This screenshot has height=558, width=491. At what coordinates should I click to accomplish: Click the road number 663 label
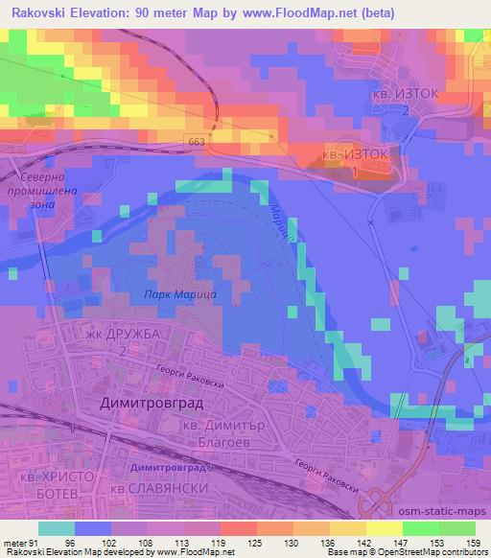coord(198,141)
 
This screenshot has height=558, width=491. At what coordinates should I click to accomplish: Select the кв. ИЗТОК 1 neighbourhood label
coord(356,163)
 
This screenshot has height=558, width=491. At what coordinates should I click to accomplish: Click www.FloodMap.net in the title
coord(291,12)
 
